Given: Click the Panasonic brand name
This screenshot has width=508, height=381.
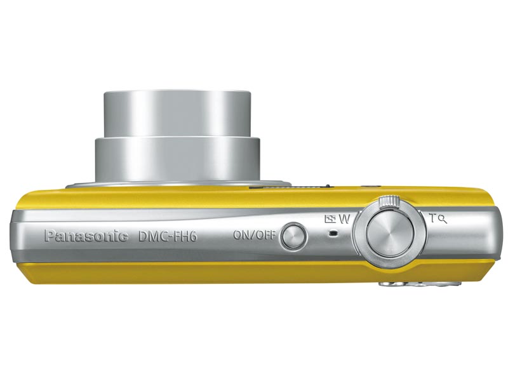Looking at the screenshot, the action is (x=86, y=236).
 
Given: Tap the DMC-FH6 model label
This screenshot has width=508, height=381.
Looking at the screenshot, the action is (x=168, y=236).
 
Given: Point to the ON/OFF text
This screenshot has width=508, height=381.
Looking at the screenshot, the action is (x=255, y=234).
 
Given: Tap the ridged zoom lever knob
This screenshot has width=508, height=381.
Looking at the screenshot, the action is (x=389, y=201).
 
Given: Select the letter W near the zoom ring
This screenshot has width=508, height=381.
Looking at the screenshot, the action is (x=344, y=219).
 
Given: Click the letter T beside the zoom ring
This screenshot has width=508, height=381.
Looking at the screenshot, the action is (x=433, y=218).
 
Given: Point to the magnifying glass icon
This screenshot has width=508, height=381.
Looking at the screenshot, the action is (x=443, y=220).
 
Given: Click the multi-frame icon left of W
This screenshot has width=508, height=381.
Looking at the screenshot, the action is (x=330, y=219).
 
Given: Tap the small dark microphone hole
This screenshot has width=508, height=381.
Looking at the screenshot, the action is (x=333, y=233).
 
